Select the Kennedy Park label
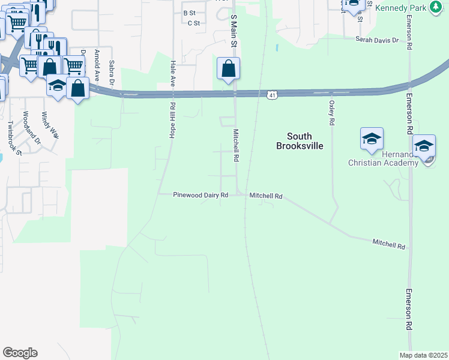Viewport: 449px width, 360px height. (401, 8)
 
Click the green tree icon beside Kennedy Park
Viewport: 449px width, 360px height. (435, 7)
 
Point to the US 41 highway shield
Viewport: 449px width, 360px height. (272, 95)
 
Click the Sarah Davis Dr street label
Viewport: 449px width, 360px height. (377, 40)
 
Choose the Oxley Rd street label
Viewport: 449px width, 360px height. (331, 113)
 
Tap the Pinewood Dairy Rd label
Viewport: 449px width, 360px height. (200, 195)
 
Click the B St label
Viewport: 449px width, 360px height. (190, 13)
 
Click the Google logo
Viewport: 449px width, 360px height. (20, 353)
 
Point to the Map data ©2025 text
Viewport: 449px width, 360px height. (423, 355)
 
